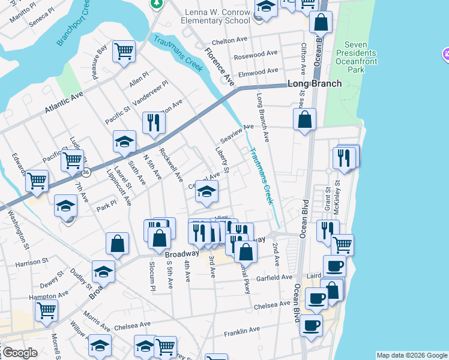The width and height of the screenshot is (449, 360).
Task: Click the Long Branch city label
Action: (x=315, y=84)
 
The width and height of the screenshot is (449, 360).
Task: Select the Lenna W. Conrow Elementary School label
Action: (x=199, y=20)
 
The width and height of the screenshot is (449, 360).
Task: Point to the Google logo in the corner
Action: (x=20, y=353)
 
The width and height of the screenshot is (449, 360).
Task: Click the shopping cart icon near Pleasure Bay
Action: (x=124, y=51)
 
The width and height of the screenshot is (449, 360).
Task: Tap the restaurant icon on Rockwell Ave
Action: (x=154, y=122)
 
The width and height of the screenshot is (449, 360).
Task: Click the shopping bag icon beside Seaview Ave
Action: (x=305, y=118)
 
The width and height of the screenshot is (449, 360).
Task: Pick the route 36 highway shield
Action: (x=86, y=172)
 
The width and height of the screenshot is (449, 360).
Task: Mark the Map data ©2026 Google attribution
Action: (x=412, y=355)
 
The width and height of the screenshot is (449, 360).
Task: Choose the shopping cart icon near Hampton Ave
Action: (x=47, y=310)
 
